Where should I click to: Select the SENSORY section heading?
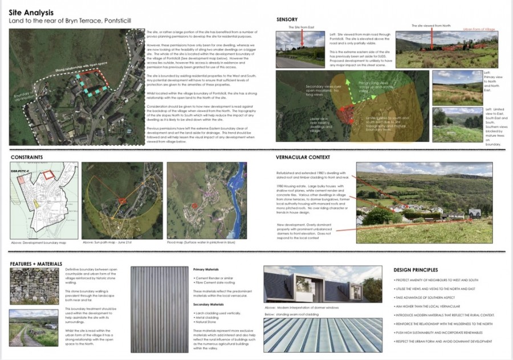click(x=287, y=19)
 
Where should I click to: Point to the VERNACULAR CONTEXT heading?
click(x=303, y=157)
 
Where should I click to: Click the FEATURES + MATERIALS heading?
click(x=37, y=263)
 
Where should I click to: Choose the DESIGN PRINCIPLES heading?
click(x=416, y=270)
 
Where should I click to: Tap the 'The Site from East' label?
click(x=301, y=27)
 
